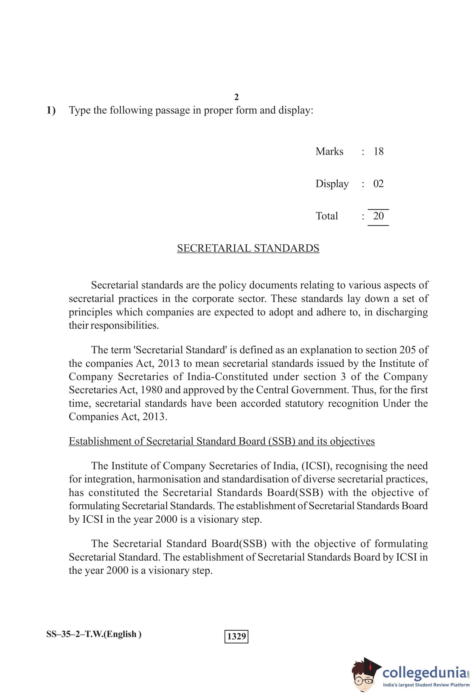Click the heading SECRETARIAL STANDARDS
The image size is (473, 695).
[x=248, y=248]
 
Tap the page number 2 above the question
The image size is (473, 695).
[x=236, y=97]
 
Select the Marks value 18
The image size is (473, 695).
[x=378, y=151]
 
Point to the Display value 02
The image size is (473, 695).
[x=378, y=183]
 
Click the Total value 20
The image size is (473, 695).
[x=378, y=216]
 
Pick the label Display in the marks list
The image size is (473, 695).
[x=332, y=184]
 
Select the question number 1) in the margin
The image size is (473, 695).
[x=51, y=110]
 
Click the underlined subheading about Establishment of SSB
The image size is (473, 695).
[x=221, y=441]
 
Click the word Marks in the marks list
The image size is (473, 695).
[x=329, y=151]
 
